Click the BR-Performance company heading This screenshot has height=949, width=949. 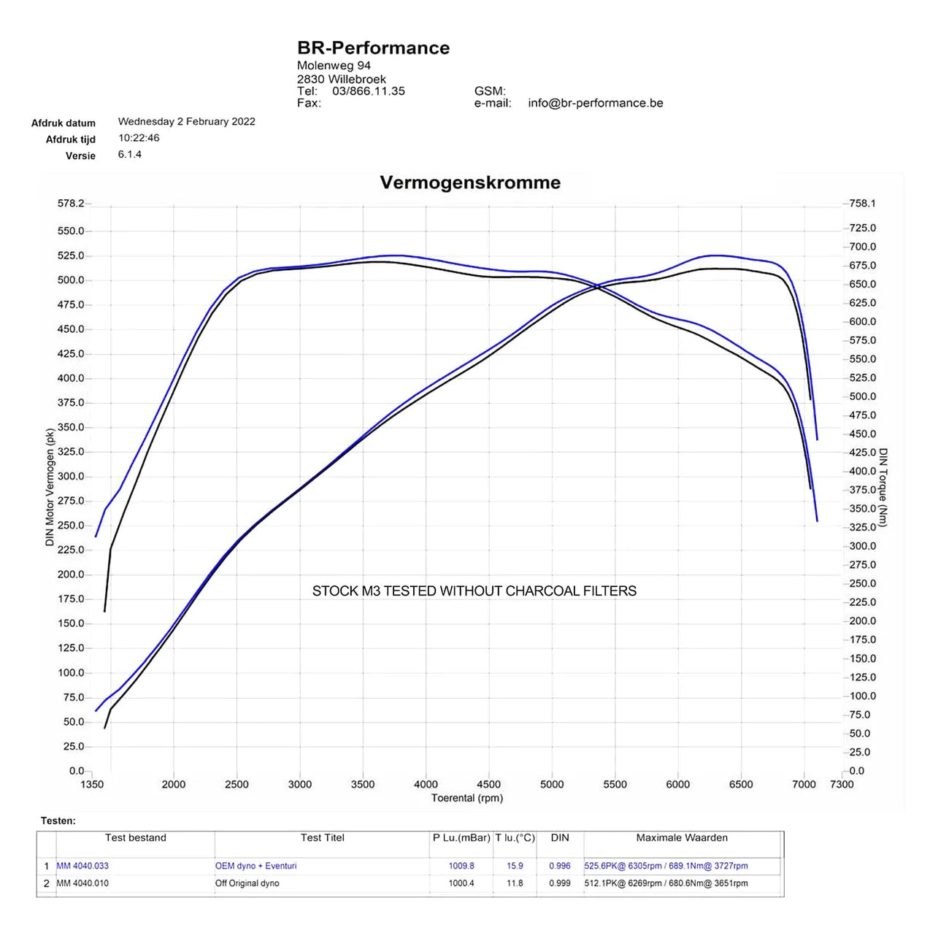pyautogui.click(x=373, y=48)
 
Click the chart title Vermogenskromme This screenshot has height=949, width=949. pyautogui.click(x=470, y=182)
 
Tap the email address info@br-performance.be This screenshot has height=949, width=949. pyautogui.click(x=595, y=103)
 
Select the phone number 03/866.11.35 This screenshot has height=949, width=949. pyautogui.click(x=368, y=91)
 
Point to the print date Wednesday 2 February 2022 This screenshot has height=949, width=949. pyautogui.click(x=186, y=122)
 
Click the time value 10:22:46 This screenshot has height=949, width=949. pyautogui.click(x=139, y=138)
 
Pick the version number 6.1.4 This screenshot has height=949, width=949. pyautogui.click(x=130, y=155)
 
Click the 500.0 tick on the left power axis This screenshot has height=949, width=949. pyautogui.click(x=71, y=280)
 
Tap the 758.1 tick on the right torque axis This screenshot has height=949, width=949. pyautogui.click(x=862, y=204)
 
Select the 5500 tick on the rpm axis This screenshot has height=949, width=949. pyautogui.click(x=615, y=785)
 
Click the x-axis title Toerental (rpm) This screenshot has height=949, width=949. pyautogui.click(x=466, y=799)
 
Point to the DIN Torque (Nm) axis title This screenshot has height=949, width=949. pyautogui.click(x=883, y=488)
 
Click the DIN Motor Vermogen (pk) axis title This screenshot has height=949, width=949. pyautogui.click(x=50, y=488)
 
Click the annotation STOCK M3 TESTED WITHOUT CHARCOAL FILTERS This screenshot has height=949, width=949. pyautogui.click(x=474, y=591)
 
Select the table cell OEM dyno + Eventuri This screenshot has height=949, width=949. pyautogui.click(x=255, y=866)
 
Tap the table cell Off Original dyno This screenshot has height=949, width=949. pyautogui.click(x=247, y=883)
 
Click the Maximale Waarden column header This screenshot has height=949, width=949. pyautogui.click(x=681, y=838)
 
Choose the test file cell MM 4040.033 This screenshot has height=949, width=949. pyautogui.click(x=82, y=866)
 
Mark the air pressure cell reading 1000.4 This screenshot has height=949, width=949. pyautogui.click(x=461, y=883)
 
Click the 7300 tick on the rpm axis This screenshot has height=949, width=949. pyautogui.click(x=842, y=785)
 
